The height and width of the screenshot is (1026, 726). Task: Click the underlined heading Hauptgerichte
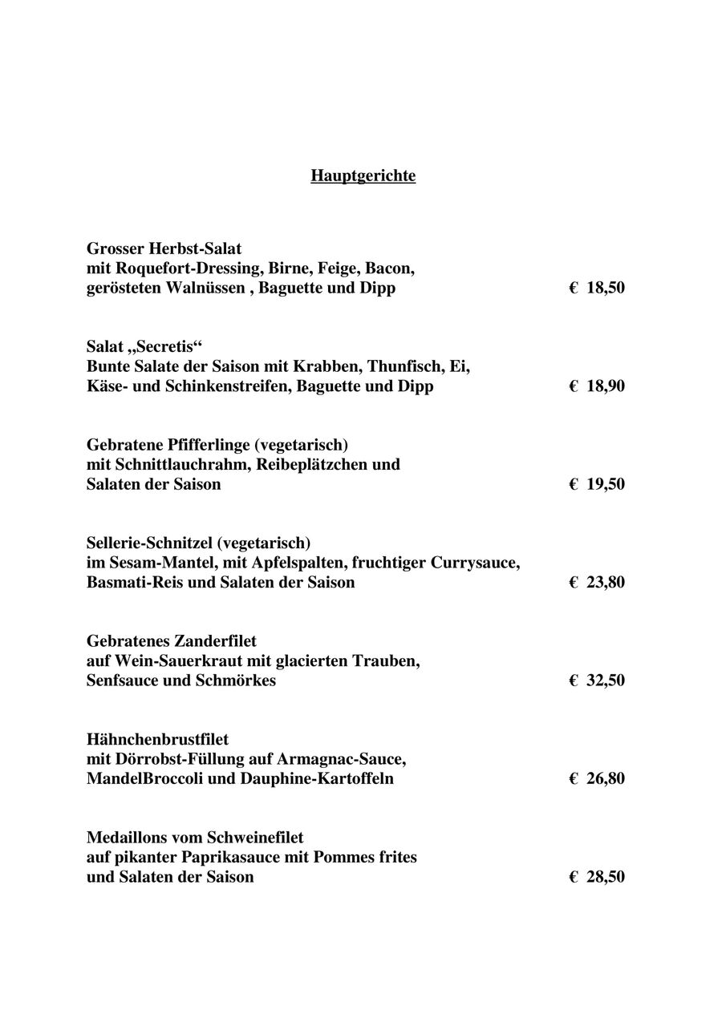tap(363, 176)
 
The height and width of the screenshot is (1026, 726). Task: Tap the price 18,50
tap(605, 288)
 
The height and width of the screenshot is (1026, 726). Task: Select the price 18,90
tap(605, 386)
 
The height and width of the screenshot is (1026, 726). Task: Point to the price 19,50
tap(605, 484)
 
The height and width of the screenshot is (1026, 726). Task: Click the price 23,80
tap(605, 583)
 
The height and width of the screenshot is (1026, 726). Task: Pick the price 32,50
tap(605, 681)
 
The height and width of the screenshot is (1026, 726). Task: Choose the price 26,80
tap(605, 779)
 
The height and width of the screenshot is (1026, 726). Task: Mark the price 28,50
tap(605, 877)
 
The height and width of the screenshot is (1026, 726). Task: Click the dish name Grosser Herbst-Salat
tap(164, 248)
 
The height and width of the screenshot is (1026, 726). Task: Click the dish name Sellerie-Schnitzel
tap(149, 543)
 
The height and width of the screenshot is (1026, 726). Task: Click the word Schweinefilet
tap(255, 838)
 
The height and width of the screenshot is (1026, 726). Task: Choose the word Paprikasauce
tap(266, 857)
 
